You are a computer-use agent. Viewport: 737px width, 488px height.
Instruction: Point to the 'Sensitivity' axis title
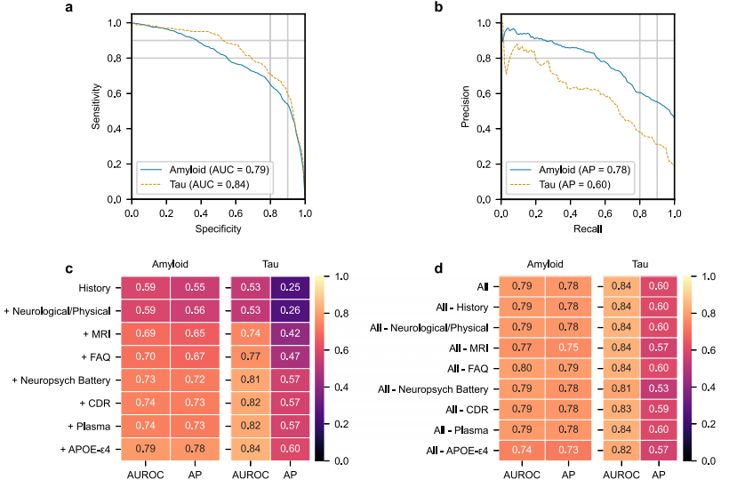click(x=97, y=108)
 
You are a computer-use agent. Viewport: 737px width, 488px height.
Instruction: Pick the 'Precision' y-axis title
click(x=465, y=108)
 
